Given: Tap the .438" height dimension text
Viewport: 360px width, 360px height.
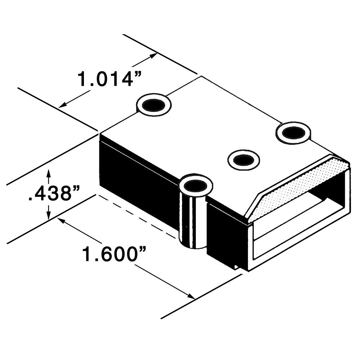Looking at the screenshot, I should pyautogui.click(x=54, y=194).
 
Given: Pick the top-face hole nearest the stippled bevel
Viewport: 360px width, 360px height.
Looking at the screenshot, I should pyautogui.click(x=293, y=132).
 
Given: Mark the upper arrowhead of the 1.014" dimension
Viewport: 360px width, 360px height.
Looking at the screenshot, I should pyautogui.click(x=154, y=55).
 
